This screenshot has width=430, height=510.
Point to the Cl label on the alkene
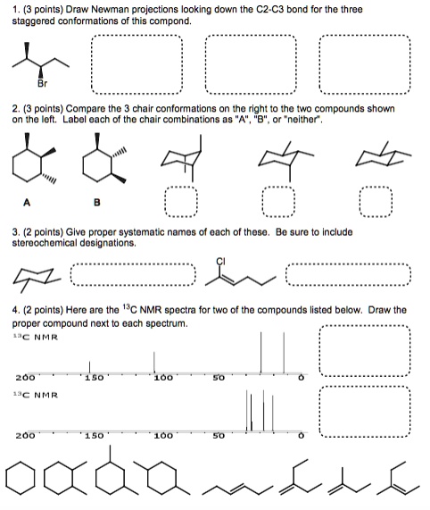(219, 261)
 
